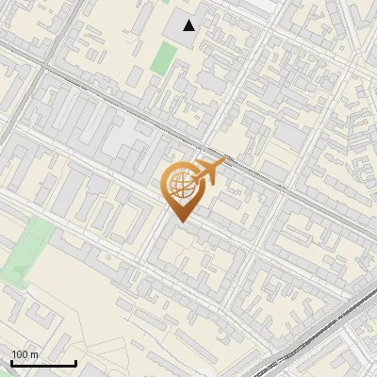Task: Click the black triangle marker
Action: (189, 25)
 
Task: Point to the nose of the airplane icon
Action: (224, 163)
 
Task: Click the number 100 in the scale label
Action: (21, 354)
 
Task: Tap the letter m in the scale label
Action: (35, 354)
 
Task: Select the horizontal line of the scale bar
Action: (43, 363)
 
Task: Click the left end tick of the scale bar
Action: (11, 361)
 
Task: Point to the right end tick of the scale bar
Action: (75, 361)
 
